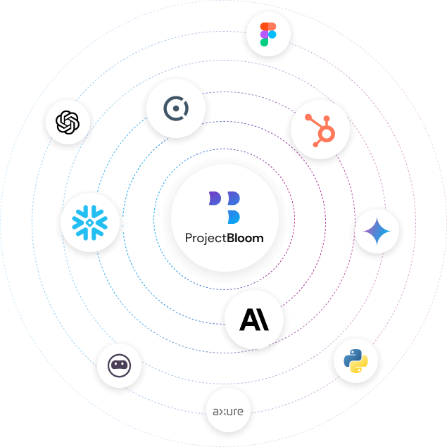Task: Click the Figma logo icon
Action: point(268,34)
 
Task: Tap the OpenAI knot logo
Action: point(68,122)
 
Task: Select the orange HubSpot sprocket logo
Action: point(320,130)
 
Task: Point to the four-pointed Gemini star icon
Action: point(377,231)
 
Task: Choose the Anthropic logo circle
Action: point(254,320)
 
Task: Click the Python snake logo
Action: point(355,362)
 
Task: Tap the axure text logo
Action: point(228,409)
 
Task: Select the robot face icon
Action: point(119,365)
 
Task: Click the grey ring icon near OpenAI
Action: point(175,108)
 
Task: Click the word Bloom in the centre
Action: point(245,238)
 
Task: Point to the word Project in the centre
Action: point(205,238)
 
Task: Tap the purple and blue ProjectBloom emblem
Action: point(225,207)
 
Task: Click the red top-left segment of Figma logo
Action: point(264,27)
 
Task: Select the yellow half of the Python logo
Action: point(359,366)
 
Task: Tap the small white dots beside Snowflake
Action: point(125,225)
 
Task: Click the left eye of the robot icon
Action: point(115,365)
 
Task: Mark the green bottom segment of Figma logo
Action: point(264,42)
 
